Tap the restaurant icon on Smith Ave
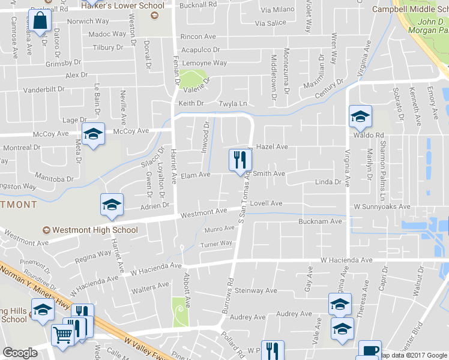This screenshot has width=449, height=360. click(240, 160)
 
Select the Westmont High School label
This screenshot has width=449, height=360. click(95, 230)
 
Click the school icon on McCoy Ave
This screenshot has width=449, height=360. click(93, 134)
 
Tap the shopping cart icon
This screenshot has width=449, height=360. click(62, 335)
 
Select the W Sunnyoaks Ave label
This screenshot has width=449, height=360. click(382, 206)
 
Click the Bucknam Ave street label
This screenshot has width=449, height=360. click(320, 221)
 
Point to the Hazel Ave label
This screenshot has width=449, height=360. click(272, 146)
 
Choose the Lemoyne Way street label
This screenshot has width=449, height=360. click(204, 63)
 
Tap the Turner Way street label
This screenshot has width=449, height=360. click(216, 244)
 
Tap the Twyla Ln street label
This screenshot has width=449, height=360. click(233, 104)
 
